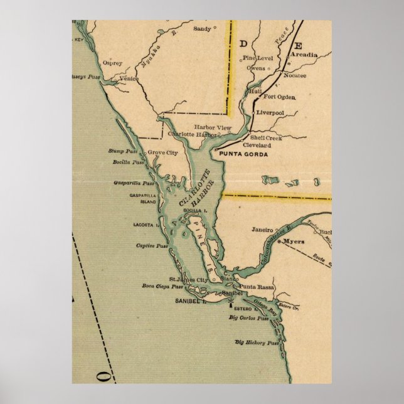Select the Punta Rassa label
tap(257, 287)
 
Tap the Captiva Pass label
tap(151, 245)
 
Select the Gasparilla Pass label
tap(134, 184)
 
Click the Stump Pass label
tap(123, 151)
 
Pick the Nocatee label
tap(294, 75)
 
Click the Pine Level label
tap(255, 58)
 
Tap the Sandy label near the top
tap(201, 28)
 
